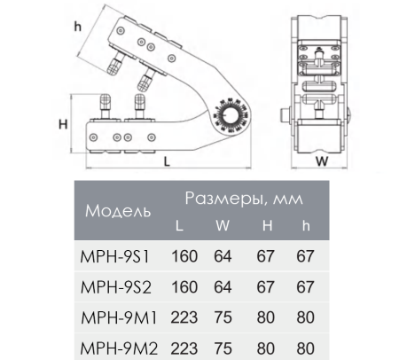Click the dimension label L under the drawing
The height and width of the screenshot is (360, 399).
click(x=167, y=161)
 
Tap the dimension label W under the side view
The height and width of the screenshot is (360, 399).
click(x=322, y=161)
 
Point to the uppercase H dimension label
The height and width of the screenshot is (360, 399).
click(x=63, y=124)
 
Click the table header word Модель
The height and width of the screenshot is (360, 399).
click(x=118, y=212)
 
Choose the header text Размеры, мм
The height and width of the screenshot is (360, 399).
click(x=242, y=197)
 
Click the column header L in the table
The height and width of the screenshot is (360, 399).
click(x=179, y=226)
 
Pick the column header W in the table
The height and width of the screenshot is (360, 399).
click(x=223, y=226)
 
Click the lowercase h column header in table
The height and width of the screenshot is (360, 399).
click(x=305, y=226)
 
